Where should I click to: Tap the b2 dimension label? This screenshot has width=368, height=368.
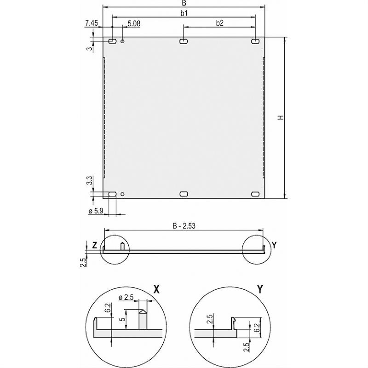pos(219,23)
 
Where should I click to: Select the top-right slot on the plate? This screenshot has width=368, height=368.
pos(255,42)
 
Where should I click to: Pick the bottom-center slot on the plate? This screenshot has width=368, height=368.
pos(184,194)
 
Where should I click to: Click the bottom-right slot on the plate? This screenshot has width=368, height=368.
pos(255,194)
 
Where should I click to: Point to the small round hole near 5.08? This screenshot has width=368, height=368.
pos(123,42)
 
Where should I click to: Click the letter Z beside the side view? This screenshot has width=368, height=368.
pos(94,246)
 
